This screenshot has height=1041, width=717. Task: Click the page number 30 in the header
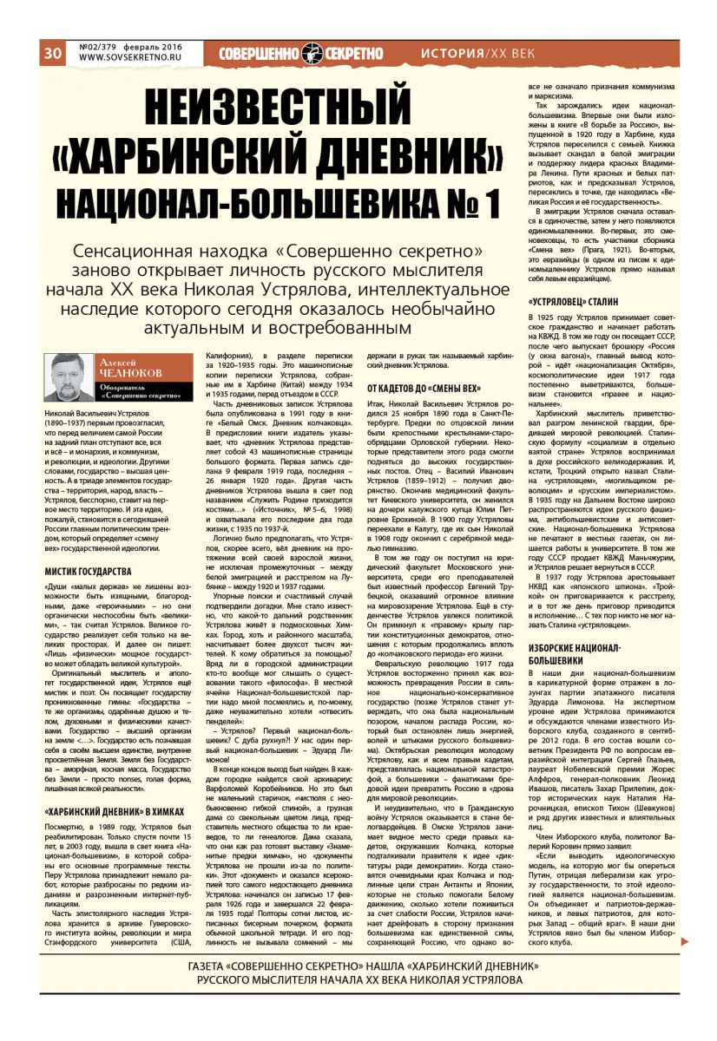coord(51,53)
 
